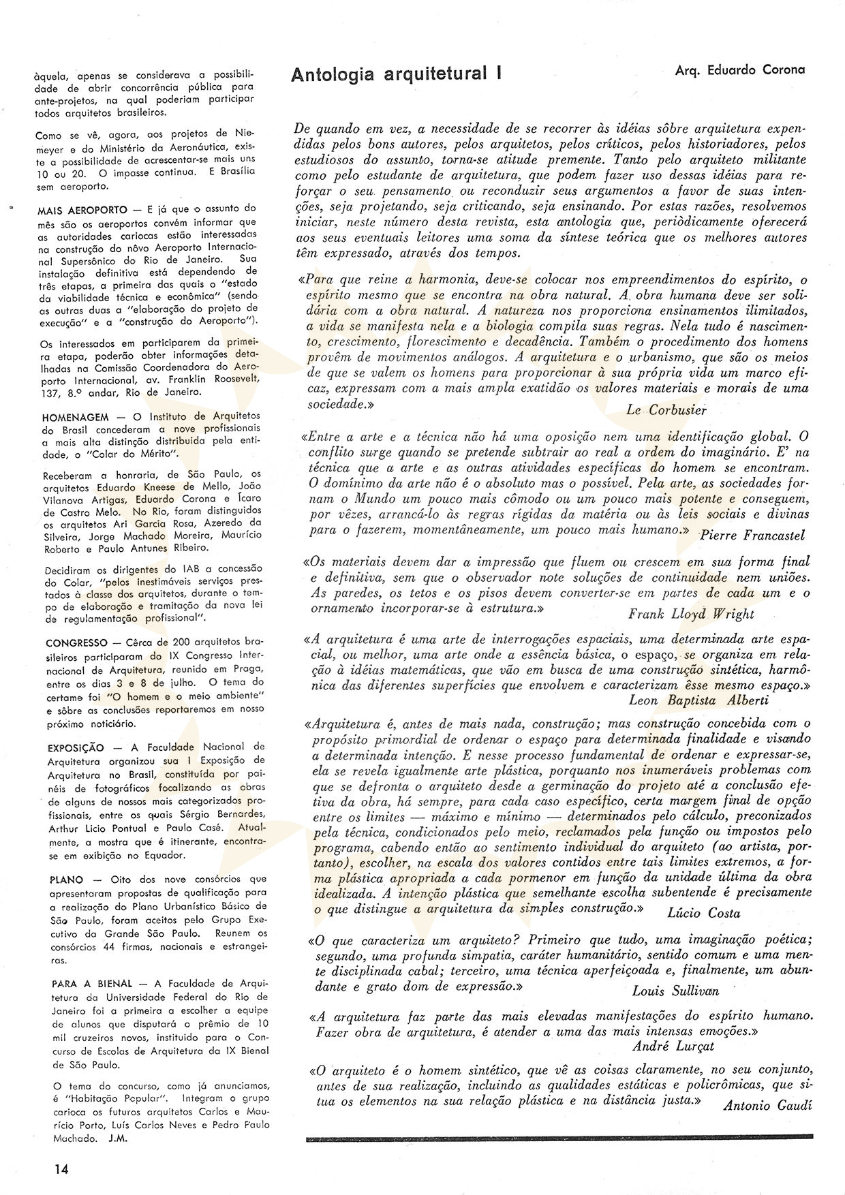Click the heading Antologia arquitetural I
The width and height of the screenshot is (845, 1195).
(x=396, y=74)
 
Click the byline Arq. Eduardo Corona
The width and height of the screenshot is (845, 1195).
(x=739, y=69)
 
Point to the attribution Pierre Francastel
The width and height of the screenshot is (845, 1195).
(x=752, y=535)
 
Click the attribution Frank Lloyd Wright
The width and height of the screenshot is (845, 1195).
(x=690, y=614)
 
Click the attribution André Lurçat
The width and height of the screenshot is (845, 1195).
(x=673, y=1046)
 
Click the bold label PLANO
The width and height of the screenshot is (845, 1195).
(x=67, y=880)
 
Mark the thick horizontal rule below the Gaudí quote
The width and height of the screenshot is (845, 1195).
(x=559, y=1138)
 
